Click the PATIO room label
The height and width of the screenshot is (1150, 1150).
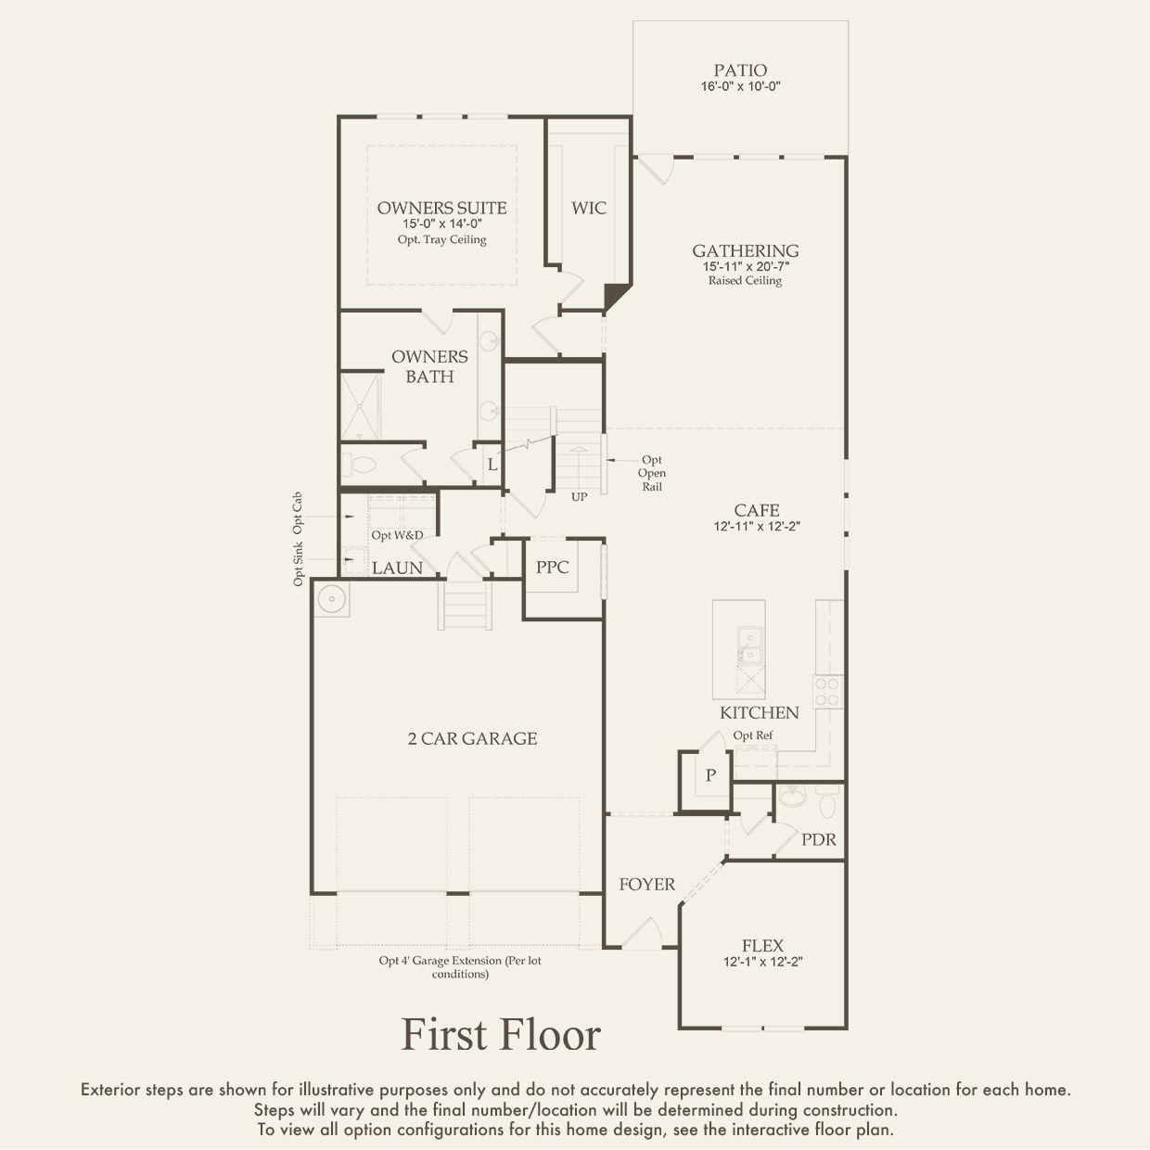coord(741,70)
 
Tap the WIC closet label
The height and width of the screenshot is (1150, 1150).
coord(588,209)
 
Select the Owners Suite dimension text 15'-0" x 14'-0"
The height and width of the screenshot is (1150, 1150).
coord(442,224)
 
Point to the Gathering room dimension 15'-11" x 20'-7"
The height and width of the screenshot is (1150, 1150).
coord(746,266)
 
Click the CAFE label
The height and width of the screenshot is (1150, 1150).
coord(757,511)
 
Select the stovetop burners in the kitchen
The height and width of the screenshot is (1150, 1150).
coord(828,692)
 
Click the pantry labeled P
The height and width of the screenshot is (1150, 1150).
coord(710,775)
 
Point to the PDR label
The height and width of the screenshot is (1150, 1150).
coord(819,839)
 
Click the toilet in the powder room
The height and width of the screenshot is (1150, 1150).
coord(828,801)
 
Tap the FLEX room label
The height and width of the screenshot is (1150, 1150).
coord(762,946)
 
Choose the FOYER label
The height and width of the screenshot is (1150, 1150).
coord(647,885)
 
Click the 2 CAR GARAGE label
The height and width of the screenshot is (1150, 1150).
coord(473,739)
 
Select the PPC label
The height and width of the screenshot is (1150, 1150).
coord(552,567)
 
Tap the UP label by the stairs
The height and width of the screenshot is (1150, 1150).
coord(579,496)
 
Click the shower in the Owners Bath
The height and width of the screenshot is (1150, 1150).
coord(361,406)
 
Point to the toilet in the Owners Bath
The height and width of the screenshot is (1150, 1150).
coord(359,465)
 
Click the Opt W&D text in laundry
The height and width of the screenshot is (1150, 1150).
coord(398,535)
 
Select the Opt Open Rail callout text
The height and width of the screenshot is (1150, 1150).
coord(652,473)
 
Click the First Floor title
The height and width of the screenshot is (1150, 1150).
coord(501,1034)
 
